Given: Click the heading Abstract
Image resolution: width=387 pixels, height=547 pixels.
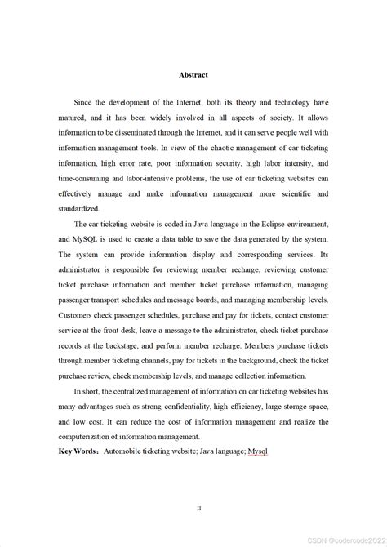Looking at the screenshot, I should coord(193,75).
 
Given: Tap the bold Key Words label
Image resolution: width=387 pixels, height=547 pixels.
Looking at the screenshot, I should coord(78,450).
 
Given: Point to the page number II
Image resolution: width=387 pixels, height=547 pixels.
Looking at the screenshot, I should coord(198,507).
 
